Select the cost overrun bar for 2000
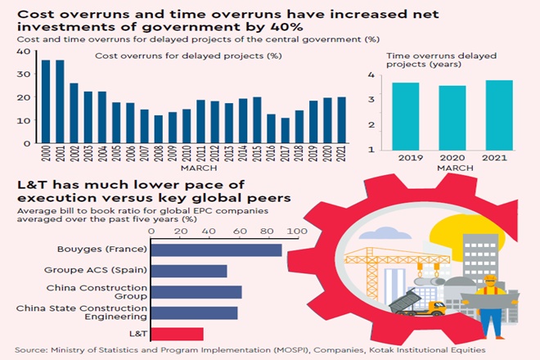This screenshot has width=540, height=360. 46,101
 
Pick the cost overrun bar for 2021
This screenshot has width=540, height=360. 340,120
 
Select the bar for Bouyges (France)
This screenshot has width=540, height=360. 217,250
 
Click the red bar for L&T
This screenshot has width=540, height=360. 178,334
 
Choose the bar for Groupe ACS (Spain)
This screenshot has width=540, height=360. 189,271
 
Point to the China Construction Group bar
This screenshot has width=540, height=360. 196,292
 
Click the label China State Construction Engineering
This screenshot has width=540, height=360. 81,313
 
